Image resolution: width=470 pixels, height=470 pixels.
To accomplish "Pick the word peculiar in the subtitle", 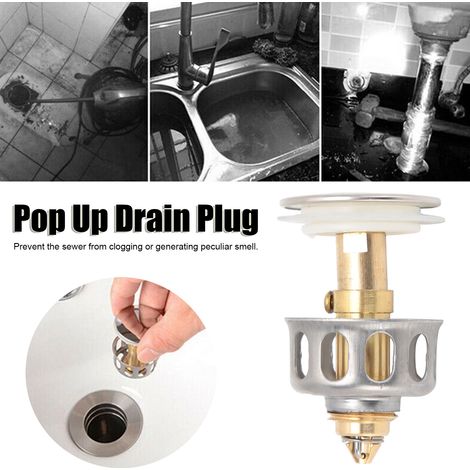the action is (212, 248).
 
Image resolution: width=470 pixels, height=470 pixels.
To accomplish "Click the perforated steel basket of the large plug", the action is (363, 358).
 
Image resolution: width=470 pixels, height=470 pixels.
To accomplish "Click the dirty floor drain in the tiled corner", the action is (15, 95).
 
